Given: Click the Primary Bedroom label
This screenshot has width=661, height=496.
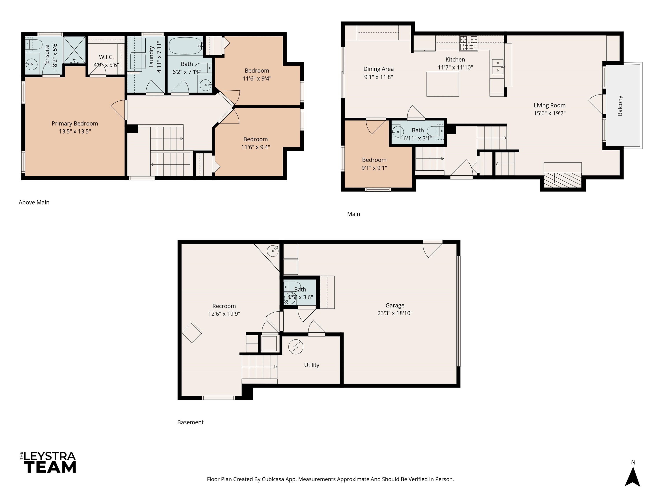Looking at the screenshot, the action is click(x=75, y=123).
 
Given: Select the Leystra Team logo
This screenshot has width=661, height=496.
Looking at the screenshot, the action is click(x=48, y=462).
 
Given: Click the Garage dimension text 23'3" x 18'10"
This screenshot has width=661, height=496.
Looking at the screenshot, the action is click(x=395, y=313).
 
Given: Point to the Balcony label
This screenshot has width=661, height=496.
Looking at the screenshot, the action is click(x=620, y=106).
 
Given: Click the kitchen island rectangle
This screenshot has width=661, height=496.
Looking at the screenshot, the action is click(x=443, y=84).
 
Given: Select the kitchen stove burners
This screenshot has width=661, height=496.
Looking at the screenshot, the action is click(x=469, y=43).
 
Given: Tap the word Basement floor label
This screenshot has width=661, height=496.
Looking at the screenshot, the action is click(x=190, y=422).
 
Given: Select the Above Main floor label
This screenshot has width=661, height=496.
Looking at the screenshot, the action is click(x=34, y=202).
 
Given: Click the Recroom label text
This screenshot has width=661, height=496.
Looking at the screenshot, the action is click(x=224, y=306).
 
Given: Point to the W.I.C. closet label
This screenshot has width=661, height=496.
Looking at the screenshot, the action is click(x=106, y=57).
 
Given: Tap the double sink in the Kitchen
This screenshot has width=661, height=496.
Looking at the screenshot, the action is click(x=498, y=67).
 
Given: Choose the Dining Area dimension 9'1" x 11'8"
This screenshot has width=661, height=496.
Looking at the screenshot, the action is click(x=378, y=77).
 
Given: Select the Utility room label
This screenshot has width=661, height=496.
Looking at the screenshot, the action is click(x=312, y=365).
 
